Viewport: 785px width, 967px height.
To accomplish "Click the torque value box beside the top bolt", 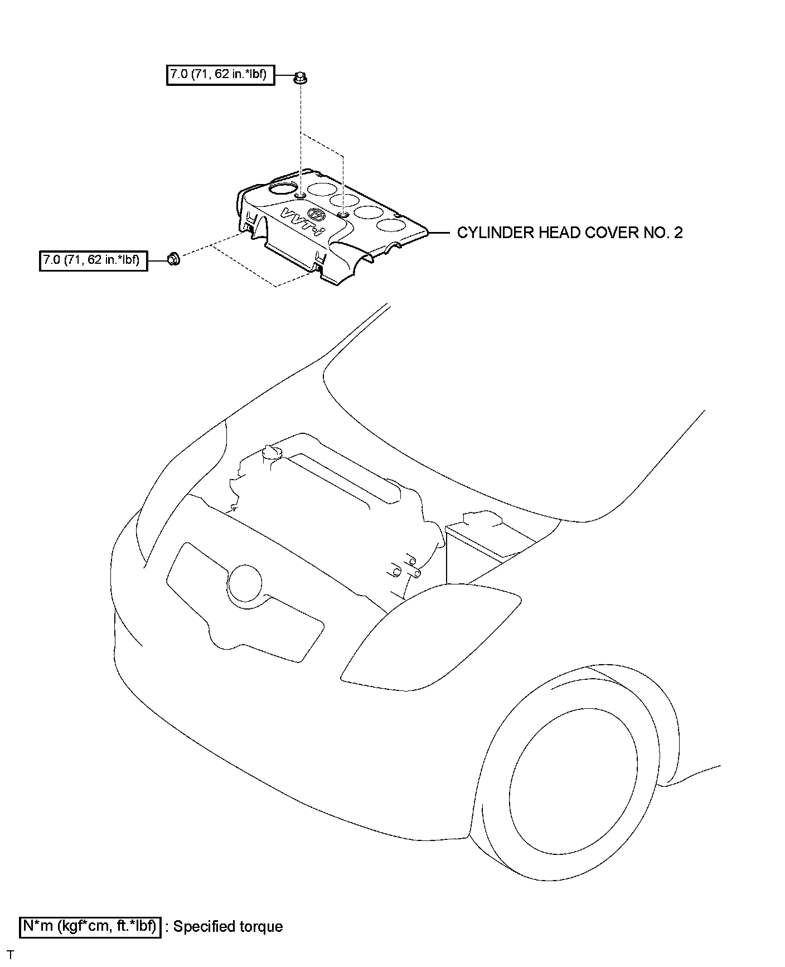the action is [220, 74].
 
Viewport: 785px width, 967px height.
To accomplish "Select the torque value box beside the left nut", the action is [93, 260].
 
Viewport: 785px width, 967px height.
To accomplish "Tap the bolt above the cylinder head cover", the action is [300, 78].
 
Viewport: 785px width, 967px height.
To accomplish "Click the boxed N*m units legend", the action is [90, 926].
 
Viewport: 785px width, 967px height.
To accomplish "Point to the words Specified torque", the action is [228, 926].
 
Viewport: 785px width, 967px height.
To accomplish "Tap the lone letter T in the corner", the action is [11, 955].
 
